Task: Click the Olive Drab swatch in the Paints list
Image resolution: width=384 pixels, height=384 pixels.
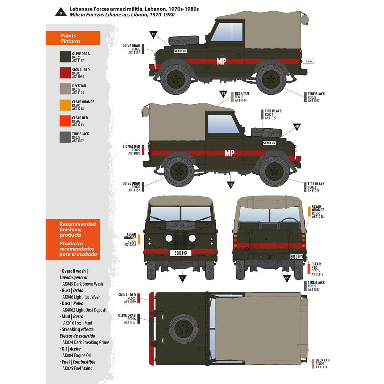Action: pos(65,57)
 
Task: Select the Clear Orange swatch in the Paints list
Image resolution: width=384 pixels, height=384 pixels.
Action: pos(65,105)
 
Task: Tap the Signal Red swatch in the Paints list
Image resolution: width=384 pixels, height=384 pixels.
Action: pos(65,73)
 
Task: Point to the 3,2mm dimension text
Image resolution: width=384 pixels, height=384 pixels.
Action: pos(310,61)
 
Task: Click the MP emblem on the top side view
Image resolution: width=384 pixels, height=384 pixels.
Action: pos(221,61)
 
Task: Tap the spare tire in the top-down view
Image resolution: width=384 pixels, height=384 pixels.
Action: pos(184,328)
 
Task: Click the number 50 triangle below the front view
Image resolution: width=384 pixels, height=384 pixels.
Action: pos(182,278)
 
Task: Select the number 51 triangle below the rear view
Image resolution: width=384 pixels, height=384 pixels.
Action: pos(287,278)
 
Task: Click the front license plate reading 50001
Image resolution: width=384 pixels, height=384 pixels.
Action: pos(180,253)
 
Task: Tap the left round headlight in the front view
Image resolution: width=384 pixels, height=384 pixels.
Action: pos(169,238)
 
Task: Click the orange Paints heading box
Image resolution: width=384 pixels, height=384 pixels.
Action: pos(73,38)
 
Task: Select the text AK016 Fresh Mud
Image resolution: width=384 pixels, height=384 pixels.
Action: pos(77,323)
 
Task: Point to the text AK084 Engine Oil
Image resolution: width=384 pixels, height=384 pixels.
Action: pos(76,356)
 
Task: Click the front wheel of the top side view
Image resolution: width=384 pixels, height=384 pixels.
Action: pos(175,79)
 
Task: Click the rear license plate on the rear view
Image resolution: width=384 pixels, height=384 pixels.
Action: pos(296,257)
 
